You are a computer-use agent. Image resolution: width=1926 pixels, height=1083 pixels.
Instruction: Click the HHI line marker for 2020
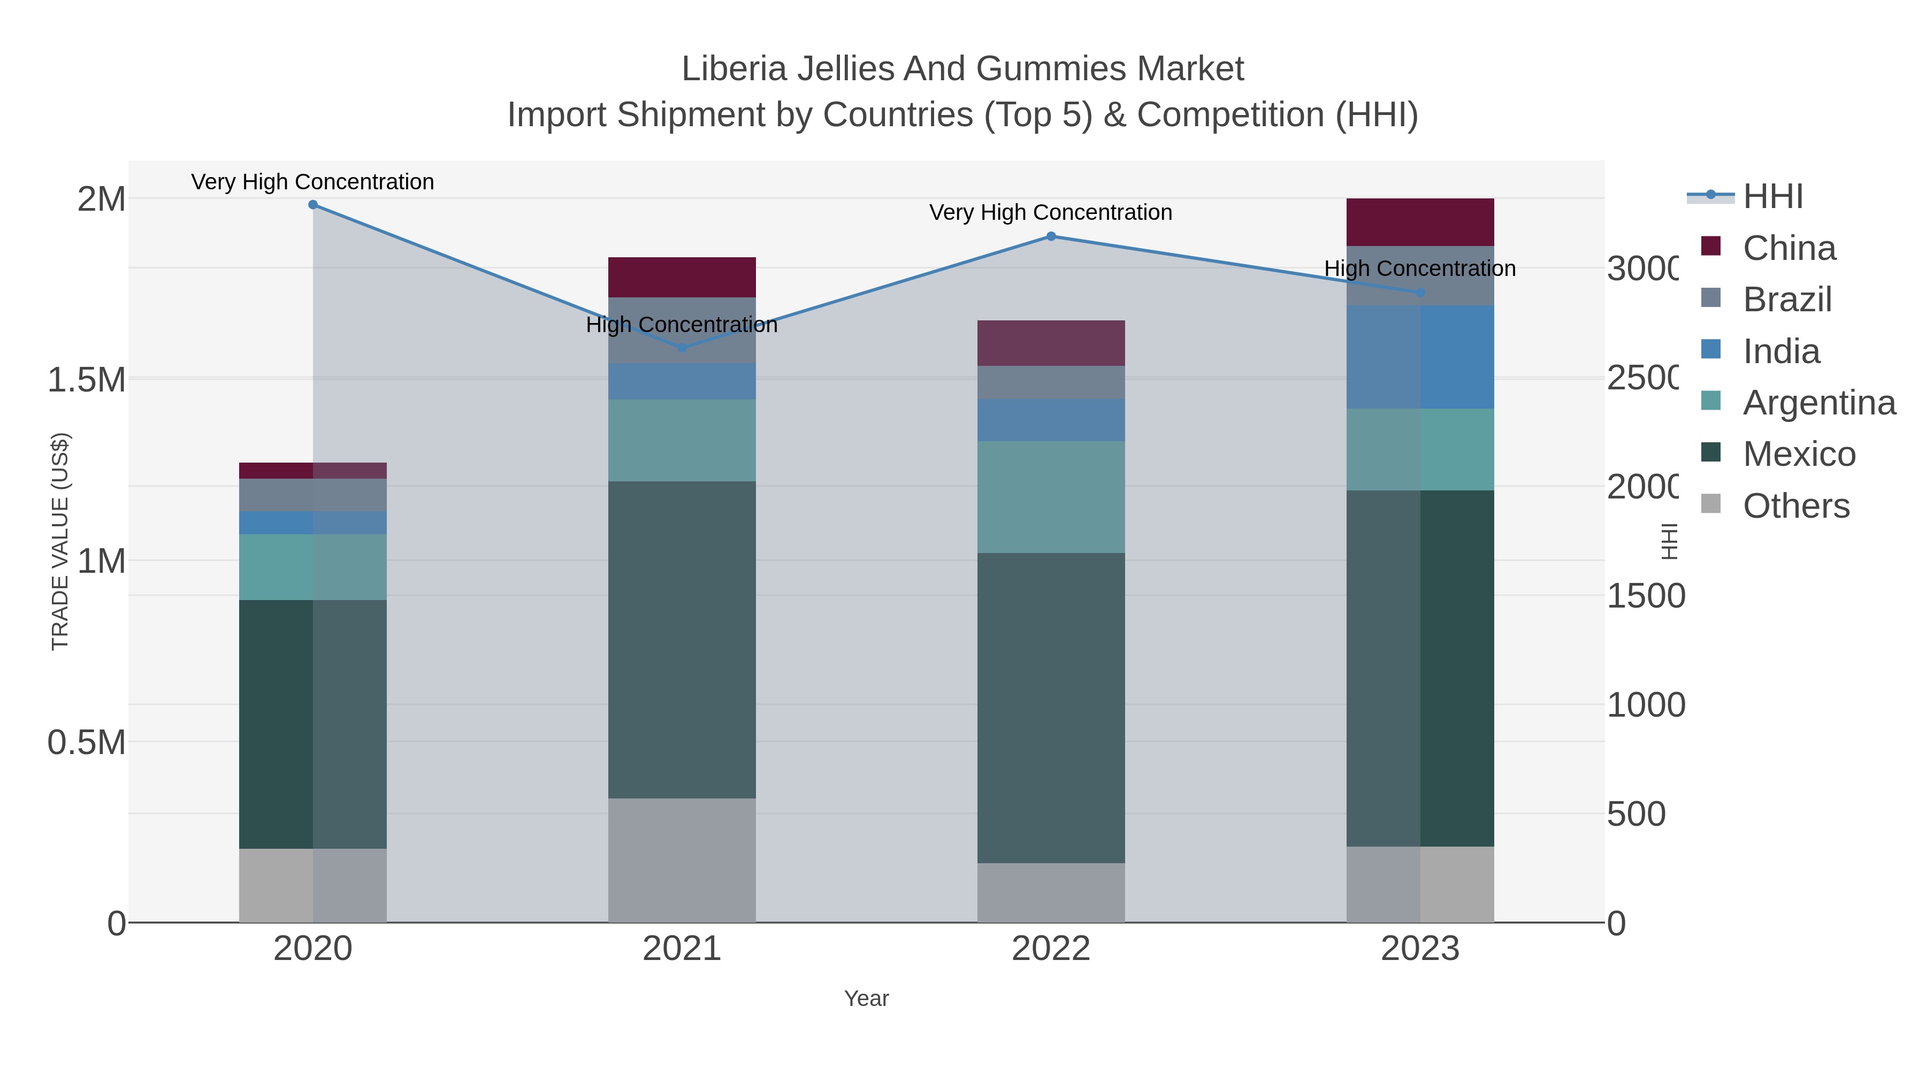tap(312, 205)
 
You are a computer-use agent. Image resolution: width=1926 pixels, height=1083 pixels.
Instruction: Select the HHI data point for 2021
tap(682, 348)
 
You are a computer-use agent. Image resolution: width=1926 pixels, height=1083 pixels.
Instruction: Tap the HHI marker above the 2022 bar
tap(1051, 236)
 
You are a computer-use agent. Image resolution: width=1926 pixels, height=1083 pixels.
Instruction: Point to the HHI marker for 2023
tap(1420, 292)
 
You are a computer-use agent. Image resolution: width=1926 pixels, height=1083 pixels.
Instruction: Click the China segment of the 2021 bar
tap(682, 277)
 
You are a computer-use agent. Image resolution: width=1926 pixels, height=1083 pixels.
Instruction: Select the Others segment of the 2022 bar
tap(1051, 893)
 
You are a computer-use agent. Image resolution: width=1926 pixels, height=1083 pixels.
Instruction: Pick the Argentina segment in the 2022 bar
tap(1051, 497)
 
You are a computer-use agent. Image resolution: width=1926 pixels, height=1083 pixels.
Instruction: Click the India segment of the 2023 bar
tap(1420, 357)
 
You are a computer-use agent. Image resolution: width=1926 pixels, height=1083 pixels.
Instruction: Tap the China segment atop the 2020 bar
tap(312, 470)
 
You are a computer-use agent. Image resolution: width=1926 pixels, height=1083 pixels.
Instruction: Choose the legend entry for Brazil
tap(1787, 299)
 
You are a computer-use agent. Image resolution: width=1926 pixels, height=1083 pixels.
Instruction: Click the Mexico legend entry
tap(1798, 454)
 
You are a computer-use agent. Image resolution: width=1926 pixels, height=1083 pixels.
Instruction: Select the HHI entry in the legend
tap(1772, 197)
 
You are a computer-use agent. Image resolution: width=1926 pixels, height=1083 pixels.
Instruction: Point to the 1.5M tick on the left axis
tap(87, 380)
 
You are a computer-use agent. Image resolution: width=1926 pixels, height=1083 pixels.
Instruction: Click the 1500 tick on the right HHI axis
tap(1645, 596)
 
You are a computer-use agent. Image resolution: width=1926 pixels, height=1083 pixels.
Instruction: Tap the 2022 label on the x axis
tap(1051, 948)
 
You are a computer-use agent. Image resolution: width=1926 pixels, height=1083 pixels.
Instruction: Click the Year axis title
tap(866, 998)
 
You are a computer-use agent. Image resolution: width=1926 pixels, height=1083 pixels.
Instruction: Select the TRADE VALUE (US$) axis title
tap(60, 541)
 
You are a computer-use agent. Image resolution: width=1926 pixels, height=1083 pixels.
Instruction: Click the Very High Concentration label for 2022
tap(1051, 212)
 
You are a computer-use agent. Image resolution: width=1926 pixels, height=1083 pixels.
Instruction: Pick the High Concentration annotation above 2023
tap(1420, 268)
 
